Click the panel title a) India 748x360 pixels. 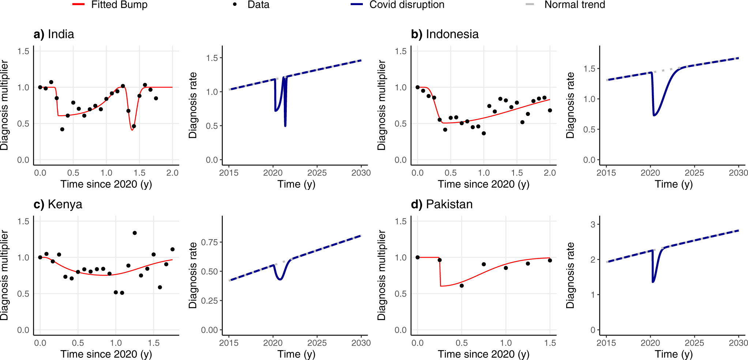(54, 34)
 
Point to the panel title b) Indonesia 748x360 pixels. (444, 34)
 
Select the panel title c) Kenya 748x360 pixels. (58, 204)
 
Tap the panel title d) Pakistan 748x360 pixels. (441, 204)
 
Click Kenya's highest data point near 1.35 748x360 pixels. (135, 233)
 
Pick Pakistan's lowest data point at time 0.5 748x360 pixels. (462, 286)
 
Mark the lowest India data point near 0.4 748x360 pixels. (62, 130)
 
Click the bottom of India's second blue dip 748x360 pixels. (285, 126)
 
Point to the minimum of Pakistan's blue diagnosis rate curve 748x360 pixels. (653, 282)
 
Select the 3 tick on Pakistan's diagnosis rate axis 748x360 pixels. (593, 225)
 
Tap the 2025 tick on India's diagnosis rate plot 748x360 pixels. (317, 173)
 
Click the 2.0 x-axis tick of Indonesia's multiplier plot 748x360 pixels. (550, 173)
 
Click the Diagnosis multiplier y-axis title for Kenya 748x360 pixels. (4, 275)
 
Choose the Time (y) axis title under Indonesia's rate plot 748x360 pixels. (673, 184)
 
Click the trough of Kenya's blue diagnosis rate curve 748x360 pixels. (280, 280)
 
